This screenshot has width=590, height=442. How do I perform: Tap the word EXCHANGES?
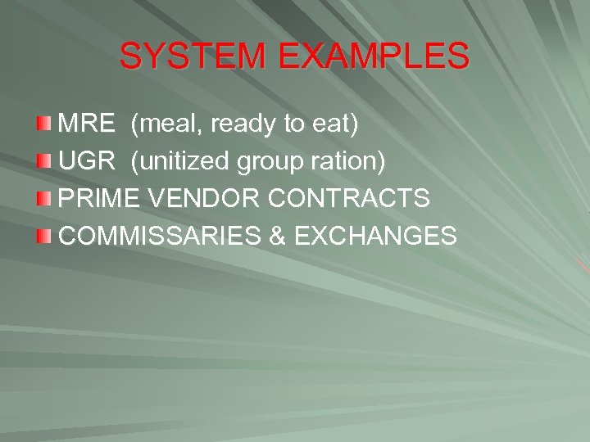click(x=374, y=236)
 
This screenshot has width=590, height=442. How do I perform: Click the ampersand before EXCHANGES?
click(x=276, y=236)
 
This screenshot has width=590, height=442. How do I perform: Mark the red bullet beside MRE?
click(x=45, y=124)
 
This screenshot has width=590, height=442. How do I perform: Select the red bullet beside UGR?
click(x=45, y=161)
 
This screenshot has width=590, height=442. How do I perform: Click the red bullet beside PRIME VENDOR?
click(x=45, y=198)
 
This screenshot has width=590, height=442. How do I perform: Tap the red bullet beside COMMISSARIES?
click(x=45, y=236)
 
